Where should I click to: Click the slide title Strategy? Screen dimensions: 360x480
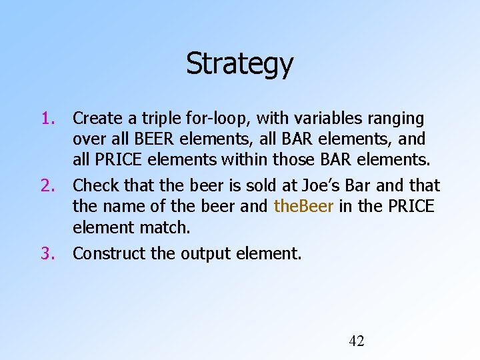point(239,65)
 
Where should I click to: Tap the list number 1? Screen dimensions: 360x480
point(47,119)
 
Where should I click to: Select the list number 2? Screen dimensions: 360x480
point(47,185)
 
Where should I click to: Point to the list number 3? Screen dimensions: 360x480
point(47,253)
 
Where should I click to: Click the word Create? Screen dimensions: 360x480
point(97,119)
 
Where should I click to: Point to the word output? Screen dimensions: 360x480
point(215,253)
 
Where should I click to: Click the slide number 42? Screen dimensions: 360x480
point(357,341)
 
